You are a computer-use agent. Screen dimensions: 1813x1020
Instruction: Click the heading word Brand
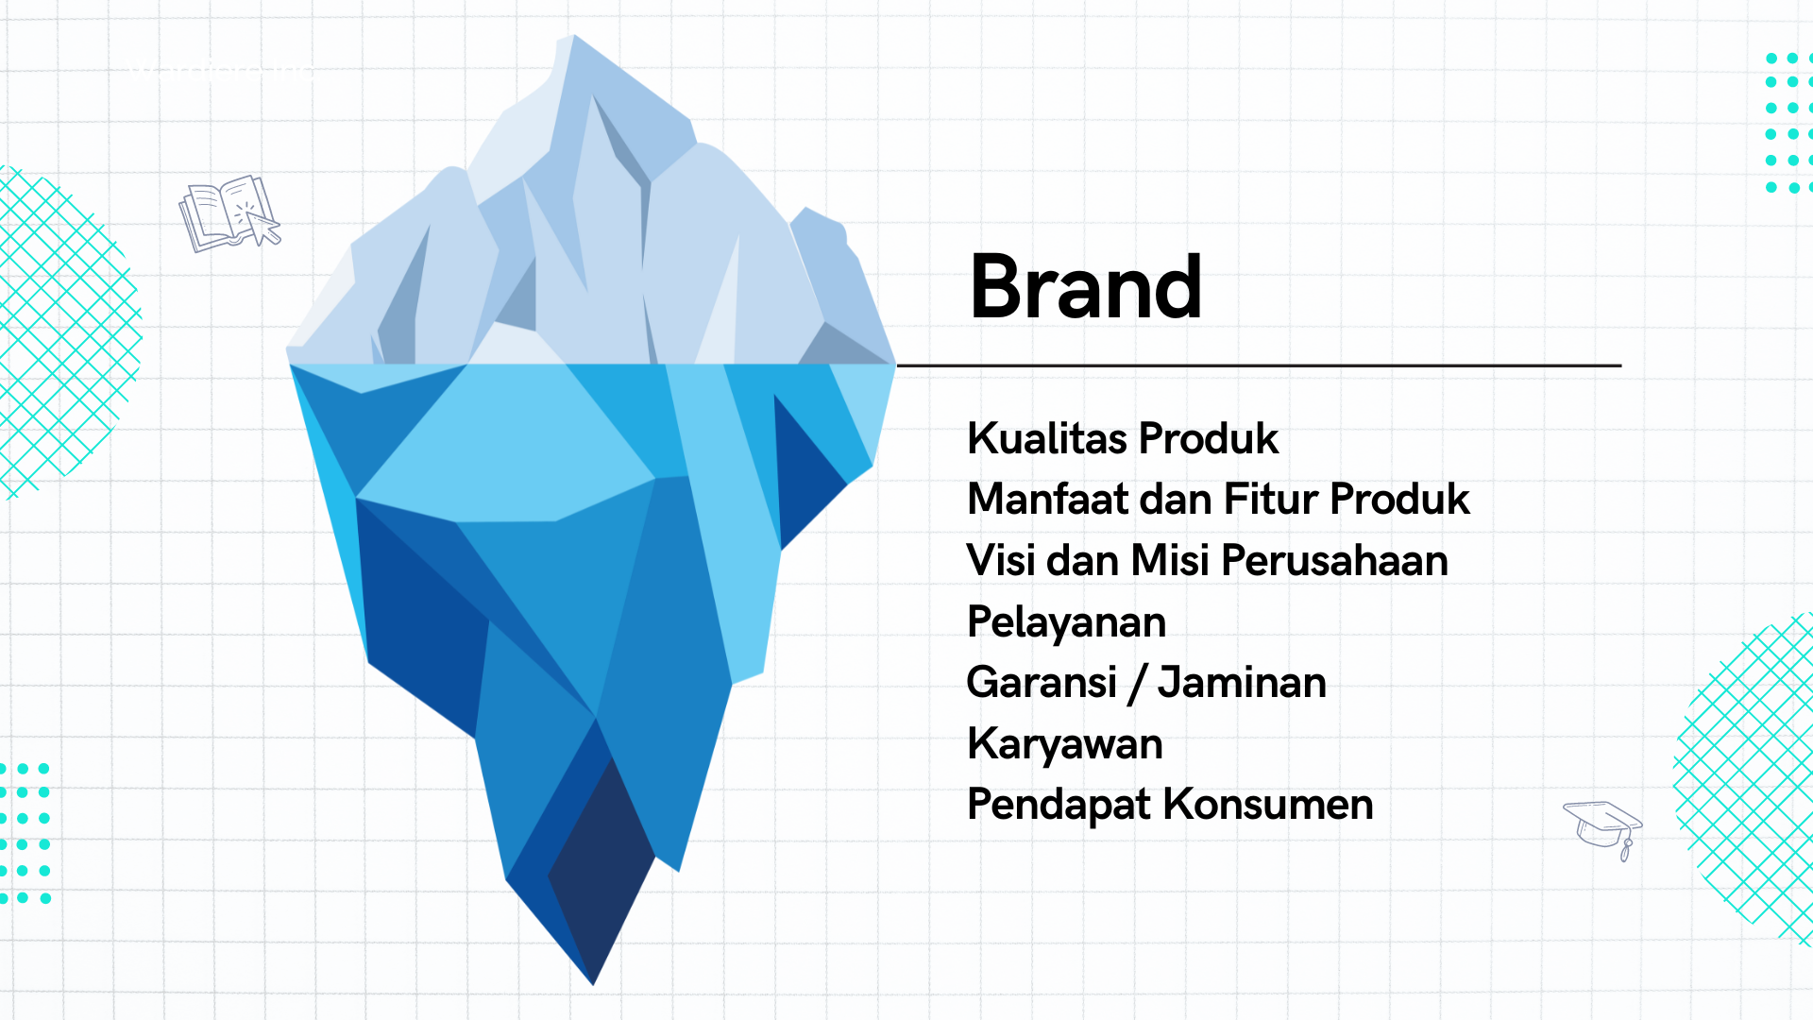click(1086, 287)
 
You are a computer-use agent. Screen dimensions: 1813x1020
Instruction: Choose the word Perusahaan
click(1335, 560)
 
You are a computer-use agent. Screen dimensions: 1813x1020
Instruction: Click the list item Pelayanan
click(1067, 623)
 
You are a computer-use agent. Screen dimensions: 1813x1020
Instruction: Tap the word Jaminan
click(1243, 682)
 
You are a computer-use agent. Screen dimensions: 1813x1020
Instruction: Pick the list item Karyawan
click(1065, 745)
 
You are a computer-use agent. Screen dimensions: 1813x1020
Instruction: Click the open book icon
click(229, 213)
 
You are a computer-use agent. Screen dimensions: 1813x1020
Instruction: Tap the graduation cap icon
click(1603, 829)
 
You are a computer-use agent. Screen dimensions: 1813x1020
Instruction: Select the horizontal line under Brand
click(1259, 365)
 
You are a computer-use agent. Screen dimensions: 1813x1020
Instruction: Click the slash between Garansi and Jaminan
click(1138, 684)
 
